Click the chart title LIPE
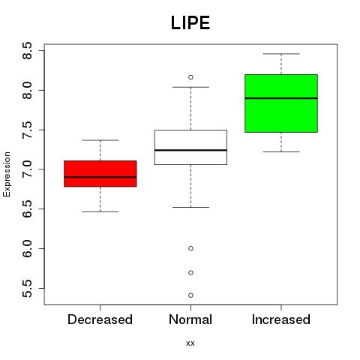190,23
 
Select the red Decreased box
100,173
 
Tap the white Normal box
190,147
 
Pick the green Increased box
281,103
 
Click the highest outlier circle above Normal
190,77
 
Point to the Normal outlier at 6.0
190,248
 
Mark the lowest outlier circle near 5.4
190,295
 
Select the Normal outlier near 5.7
190,272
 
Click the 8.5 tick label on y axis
27,50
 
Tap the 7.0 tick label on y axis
27,169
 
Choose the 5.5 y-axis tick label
27,289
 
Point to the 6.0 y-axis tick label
27,249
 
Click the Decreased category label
100,319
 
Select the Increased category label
281,319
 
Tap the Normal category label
190,319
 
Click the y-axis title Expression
7,174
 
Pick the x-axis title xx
190,343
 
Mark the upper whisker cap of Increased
281,54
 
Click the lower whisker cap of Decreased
100,211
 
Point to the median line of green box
281,98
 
